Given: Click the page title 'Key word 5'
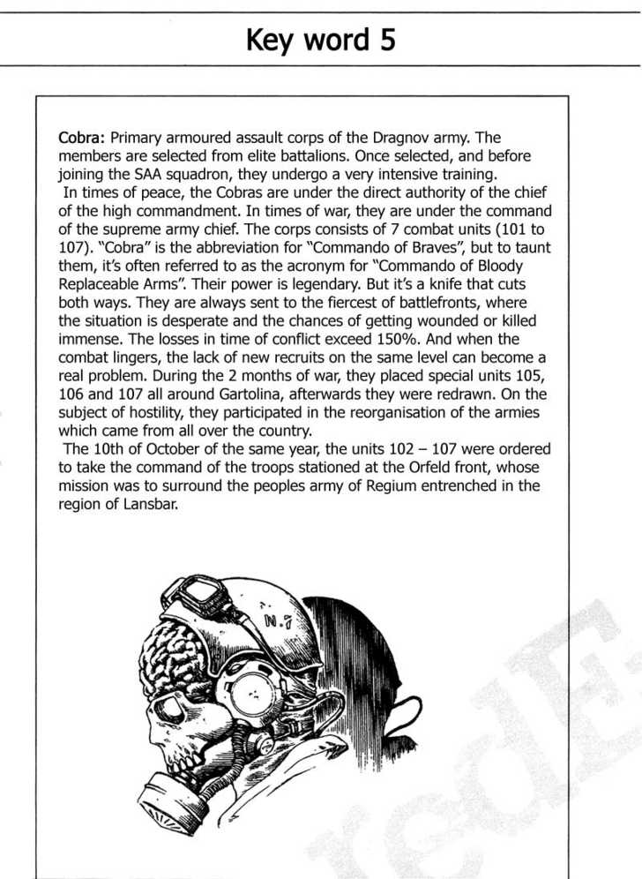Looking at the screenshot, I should (320, 40).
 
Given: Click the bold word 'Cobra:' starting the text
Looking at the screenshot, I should (82, 138).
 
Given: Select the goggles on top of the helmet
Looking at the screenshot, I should (199, 590).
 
